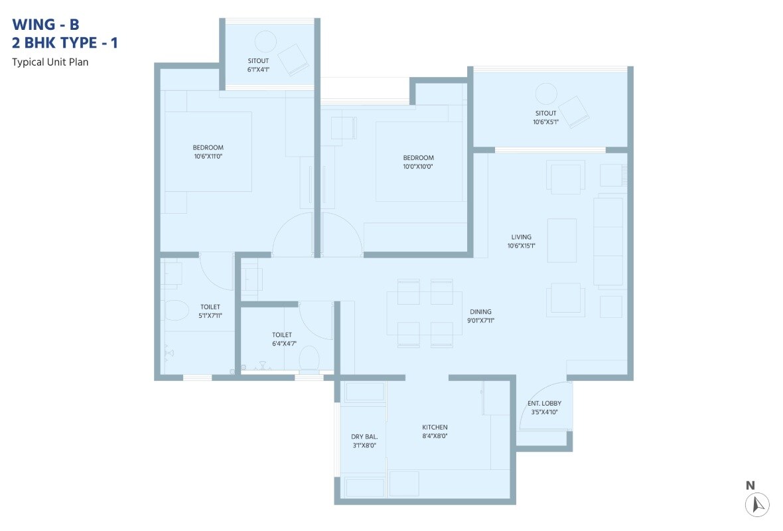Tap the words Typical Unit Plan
(x=50, y=62)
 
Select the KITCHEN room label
(x=435, y=427)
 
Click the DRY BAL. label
(x=364, y=436)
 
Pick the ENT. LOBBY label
(x=544, y=403)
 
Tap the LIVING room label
(x=521, y=237)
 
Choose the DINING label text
(x=480, y=311)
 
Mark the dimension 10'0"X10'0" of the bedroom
(x=418, y=167)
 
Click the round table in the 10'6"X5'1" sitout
(x=545, y=93)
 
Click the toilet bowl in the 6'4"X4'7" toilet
(x=309, y=359)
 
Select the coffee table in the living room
(x=561, y=240)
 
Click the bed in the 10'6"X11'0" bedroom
(x=208, y=151)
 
